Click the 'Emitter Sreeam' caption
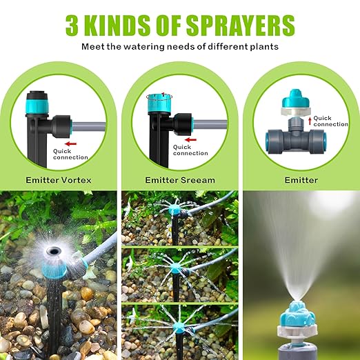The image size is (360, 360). (x=180, y=180)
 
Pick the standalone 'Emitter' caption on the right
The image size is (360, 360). (x=301, y=180)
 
